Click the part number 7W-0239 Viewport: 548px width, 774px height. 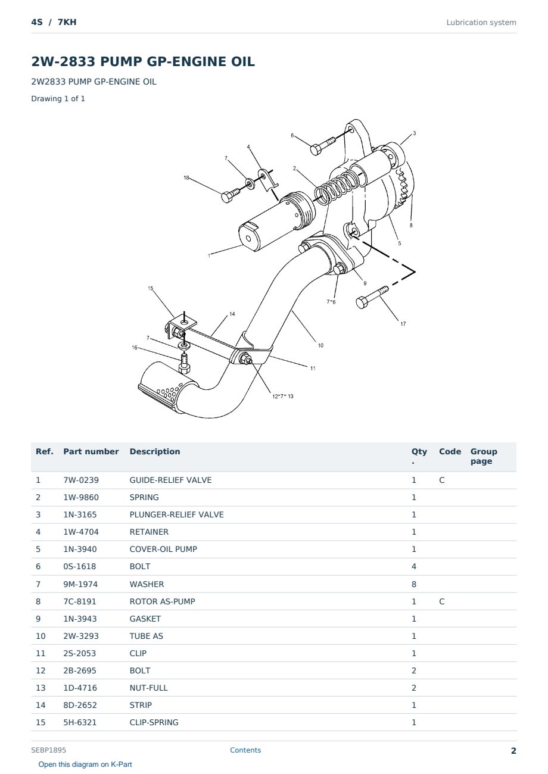[x=81, y=480]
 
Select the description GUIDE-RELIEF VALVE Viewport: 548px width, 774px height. [x=170, y=480]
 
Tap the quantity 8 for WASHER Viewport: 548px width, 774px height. [x=414, y=584]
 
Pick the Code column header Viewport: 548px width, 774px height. [x=450, y=451]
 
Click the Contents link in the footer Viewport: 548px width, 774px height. [x=245, y=750]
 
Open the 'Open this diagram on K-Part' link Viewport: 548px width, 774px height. [x=85, y=764]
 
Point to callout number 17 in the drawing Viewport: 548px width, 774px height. [x=403, y=324]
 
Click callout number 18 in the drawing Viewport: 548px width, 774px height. [x=186, y=177]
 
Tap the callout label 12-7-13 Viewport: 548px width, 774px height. [x=283, y=397]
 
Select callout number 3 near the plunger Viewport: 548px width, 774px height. [x=415, y=133]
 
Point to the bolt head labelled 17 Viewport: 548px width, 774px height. [x=362, y=302]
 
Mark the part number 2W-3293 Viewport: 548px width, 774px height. [x=81, y=636]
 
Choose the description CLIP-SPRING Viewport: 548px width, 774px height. [x=154, y=722]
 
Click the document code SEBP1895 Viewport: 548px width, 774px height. [x=48, y=750]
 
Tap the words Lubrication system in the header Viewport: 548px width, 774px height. [x=481, y=23]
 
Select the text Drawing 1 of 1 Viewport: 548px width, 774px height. [x=58, y=98]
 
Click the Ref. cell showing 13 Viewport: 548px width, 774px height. [x=41, y=688]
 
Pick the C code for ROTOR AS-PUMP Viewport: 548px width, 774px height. [x=441, y=601]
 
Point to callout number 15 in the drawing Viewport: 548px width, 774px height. [x=150, y=288]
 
